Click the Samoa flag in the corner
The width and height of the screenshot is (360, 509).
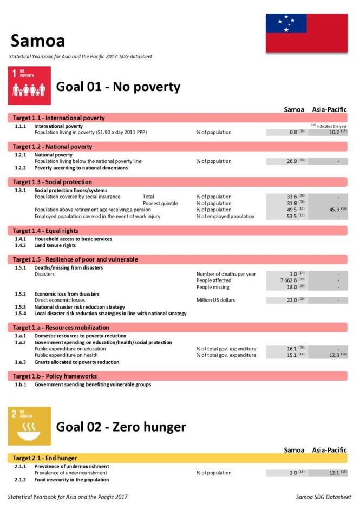[x=306, y=33]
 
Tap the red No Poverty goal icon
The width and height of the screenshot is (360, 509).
[x=29, y=86]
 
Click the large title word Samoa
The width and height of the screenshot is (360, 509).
[x=38, y=40]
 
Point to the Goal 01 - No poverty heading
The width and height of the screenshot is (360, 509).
[x=118, y=87]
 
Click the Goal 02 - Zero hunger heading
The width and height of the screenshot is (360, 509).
[x=121, y=427]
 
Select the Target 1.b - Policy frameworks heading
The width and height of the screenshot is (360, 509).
[x=55, y=376]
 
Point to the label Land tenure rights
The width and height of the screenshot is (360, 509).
[x=55, y=245]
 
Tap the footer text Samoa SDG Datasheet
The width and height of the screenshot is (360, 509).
[x=323, y=497]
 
